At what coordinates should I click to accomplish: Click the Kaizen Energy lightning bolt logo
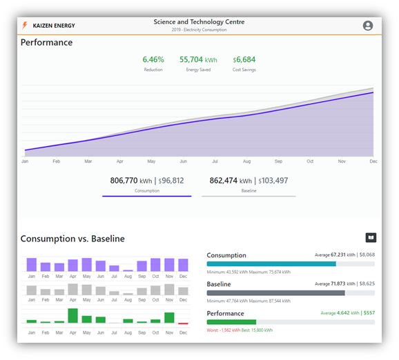25,26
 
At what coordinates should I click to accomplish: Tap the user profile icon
367,26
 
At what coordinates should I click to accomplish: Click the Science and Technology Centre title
199,22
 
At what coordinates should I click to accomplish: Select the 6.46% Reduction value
153,60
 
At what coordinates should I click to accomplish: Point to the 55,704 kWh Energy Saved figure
198,60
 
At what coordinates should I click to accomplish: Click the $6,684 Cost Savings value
244,60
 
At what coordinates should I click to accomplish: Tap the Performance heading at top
46,43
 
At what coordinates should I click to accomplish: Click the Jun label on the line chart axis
183,161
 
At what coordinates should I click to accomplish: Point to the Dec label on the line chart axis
373,161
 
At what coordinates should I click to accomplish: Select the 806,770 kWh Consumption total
146,181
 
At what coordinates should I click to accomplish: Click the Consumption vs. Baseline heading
72,239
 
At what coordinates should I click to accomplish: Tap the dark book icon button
371,237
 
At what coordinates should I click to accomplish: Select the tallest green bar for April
72,315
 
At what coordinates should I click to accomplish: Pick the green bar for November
169,317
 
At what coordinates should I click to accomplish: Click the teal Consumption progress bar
271,263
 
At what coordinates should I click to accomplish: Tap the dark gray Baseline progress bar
275,292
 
